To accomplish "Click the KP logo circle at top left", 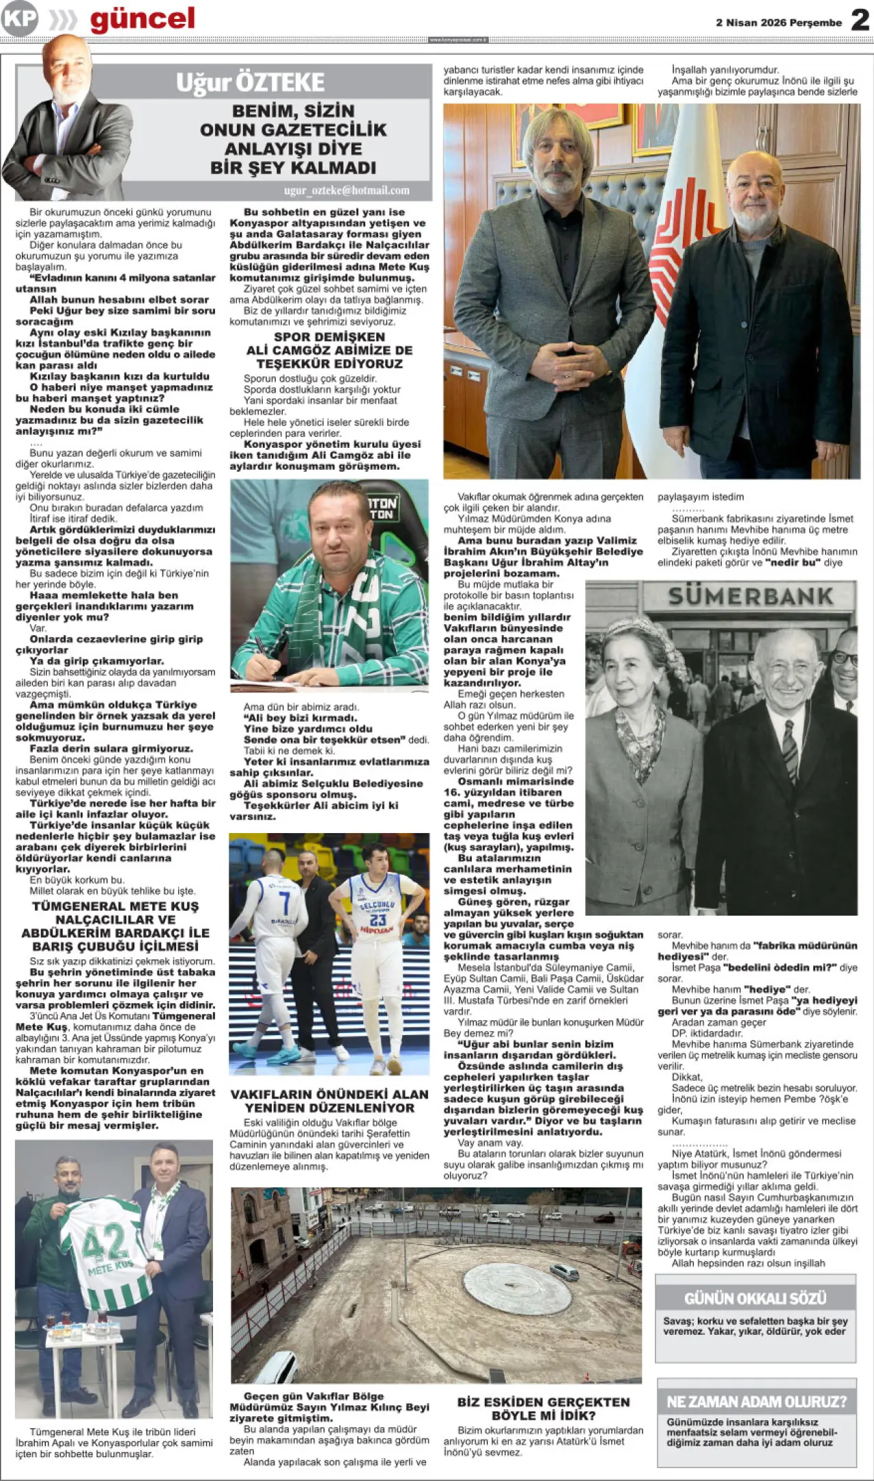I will pyautogui.click(x=19, y=18).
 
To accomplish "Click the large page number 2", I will pyautogui.click(x=860, y=20).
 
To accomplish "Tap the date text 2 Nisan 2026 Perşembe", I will pyautogui.click(x=778, y=23).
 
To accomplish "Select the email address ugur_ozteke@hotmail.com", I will pyautogui.click(x=347, y=191).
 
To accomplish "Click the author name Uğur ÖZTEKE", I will pyautogui.click(x=250, y=83).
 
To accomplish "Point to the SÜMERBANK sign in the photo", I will pyautogui.click(x=750, y=597).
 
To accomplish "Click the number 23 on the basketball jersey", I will pyautogui.click(x=378, y=919).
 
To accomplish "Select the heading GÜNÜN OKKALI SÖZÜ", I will pyautogui.click(x=755, y=1298).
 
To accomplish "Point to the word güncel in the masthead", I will pyautogui.click(x=142, y=19).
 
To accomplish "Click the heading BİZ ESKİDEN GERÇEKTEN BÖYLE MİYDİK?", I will pyautogui.click(x=544, y=1409).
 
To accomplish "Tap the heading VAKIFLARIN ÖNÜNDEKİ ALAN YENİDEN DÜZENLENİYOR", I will pyautogui.click(x=329, y=1101).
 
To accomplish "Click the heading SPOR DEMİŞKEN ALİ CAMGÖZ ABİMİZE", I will pyautogui.click(x=329, y=350).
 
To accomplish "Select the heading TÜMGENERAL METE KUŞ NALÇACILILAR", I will pyautogui.click(x=115, y=926).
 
